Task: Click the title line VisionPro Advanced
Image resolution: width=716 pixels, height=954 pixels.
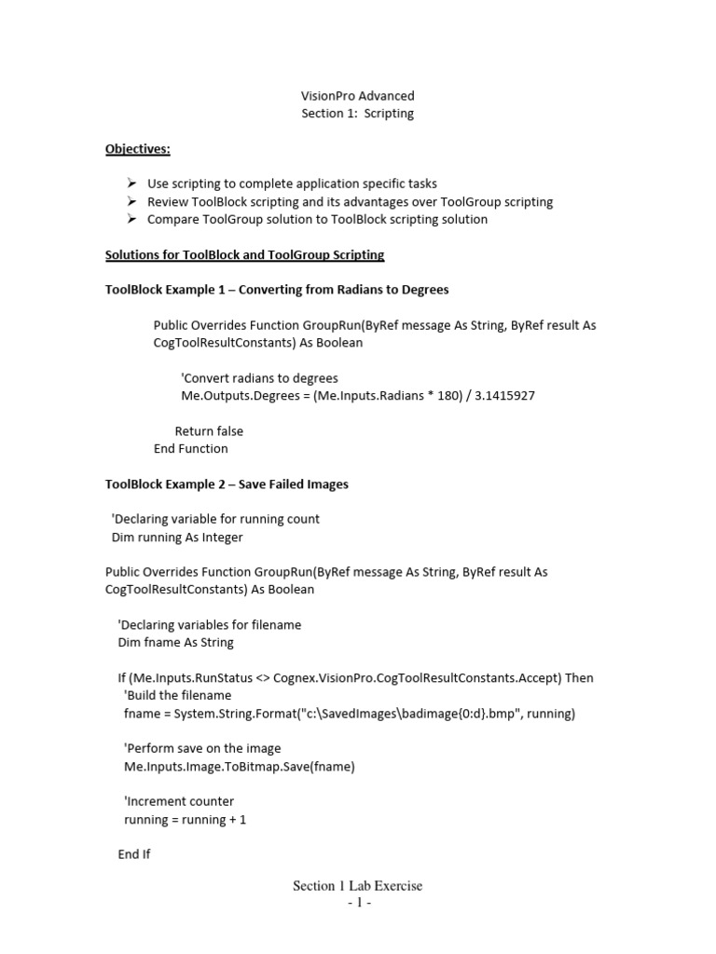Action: pos(357,96)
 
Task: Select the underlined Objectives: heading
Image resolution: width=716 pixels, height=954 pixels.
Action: pos(137,149)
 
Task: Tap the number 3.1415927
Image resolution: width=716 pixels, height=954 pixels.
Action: pos(504,396)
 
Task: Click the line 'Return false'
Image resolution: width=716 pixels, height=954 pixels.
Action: pos(209,431)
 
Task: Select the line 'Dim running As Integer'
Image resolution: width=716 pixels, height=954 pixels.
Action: pos(177,537)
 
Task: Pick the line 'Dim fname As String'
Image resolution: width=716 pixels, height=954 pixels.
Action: pos(175,642)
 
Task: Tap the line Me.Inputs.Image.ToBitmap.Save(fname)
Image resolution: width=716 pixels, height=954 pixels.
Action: pos(239,766)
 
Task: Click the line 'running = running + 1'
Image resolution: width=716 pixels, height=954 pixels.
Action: pos(185,819)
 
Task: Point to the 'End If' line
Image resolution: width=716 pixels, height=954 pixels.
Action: pos(134,853)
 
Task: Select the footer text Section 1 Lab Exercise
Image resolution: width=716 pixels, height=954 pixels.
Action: pos(357,886)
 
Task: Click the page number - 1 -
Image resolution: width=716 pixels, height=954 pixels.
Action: pos(359,904)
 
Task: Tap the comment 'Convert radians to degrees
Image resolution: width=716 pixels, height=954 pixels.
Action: pos(259,378)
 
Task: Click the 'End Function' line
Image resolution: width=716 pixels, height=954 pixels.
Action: pos(190,448)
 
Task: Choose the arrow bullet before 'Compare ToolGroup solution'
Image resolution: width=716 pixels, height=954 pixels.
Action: pos(131,219)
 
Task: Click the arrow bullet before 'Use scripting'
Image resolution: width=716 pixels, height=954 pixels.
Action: pos(131,184)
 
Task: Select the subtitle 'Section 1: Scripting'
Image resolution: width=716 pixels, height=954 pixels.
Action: pos(357,114)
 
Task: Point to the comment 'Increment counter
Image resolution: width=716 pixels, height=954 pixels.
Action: pos(179,801)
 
